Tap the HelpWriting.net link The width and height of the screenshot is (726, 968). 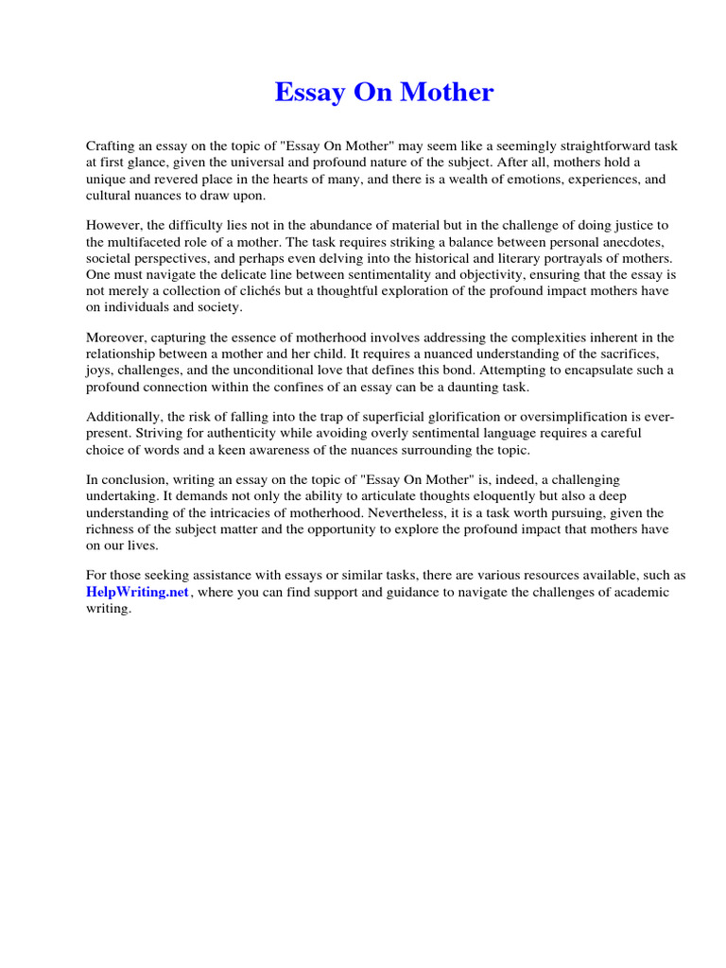[138, 592]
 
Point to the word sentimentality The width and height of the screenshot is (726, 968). [370, 274]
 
